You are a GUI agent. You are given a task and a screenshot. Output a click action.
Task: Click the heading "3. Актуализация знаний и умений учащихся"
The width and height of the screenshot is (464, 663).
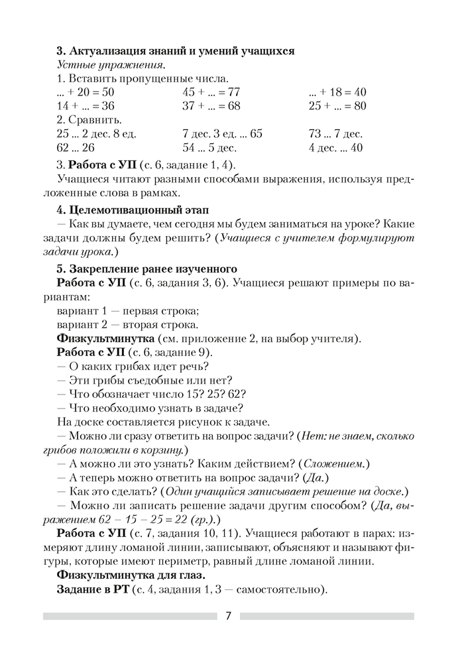[176, 51]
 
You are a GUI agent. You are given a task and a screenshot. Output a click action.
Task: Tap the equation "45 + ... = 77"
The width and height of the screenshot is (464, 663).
[210, 92]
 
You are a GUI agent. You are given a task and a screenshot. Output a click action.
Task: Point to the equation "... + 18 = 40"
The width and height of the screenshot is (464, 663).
[337, 92]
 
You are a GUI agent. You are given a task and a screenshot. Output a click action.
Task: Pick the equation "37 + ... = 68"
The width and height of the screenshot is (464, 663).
[210, 106]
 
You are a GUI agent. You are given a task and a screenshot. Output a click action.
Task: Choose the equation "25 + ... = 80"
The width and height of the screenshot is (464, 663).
[337, 106]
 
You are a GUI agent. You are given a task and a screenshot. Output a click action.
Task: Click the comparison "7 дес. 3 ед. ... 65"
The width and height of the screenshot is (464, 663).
[221, 134]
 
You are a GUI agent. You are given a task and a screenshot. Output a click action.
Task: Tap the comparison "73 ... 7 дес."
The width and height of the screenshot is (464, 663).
[335, 134]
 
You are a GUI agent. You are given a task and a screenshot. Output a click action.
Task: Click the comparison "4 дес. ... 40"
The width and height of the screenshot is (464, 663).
[335, 148]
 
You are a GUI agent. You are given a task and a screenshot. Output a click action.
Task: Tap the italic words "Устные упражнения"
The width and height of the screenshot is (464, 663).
[110, 65]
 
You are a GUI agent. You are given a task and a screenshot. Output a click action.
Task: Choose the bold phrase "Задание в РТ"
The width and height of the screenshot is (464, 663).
[93, 588]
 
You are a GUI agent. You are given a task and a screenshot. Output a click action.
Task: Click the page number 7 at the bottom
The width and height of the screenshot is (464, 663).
[228, 616]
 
